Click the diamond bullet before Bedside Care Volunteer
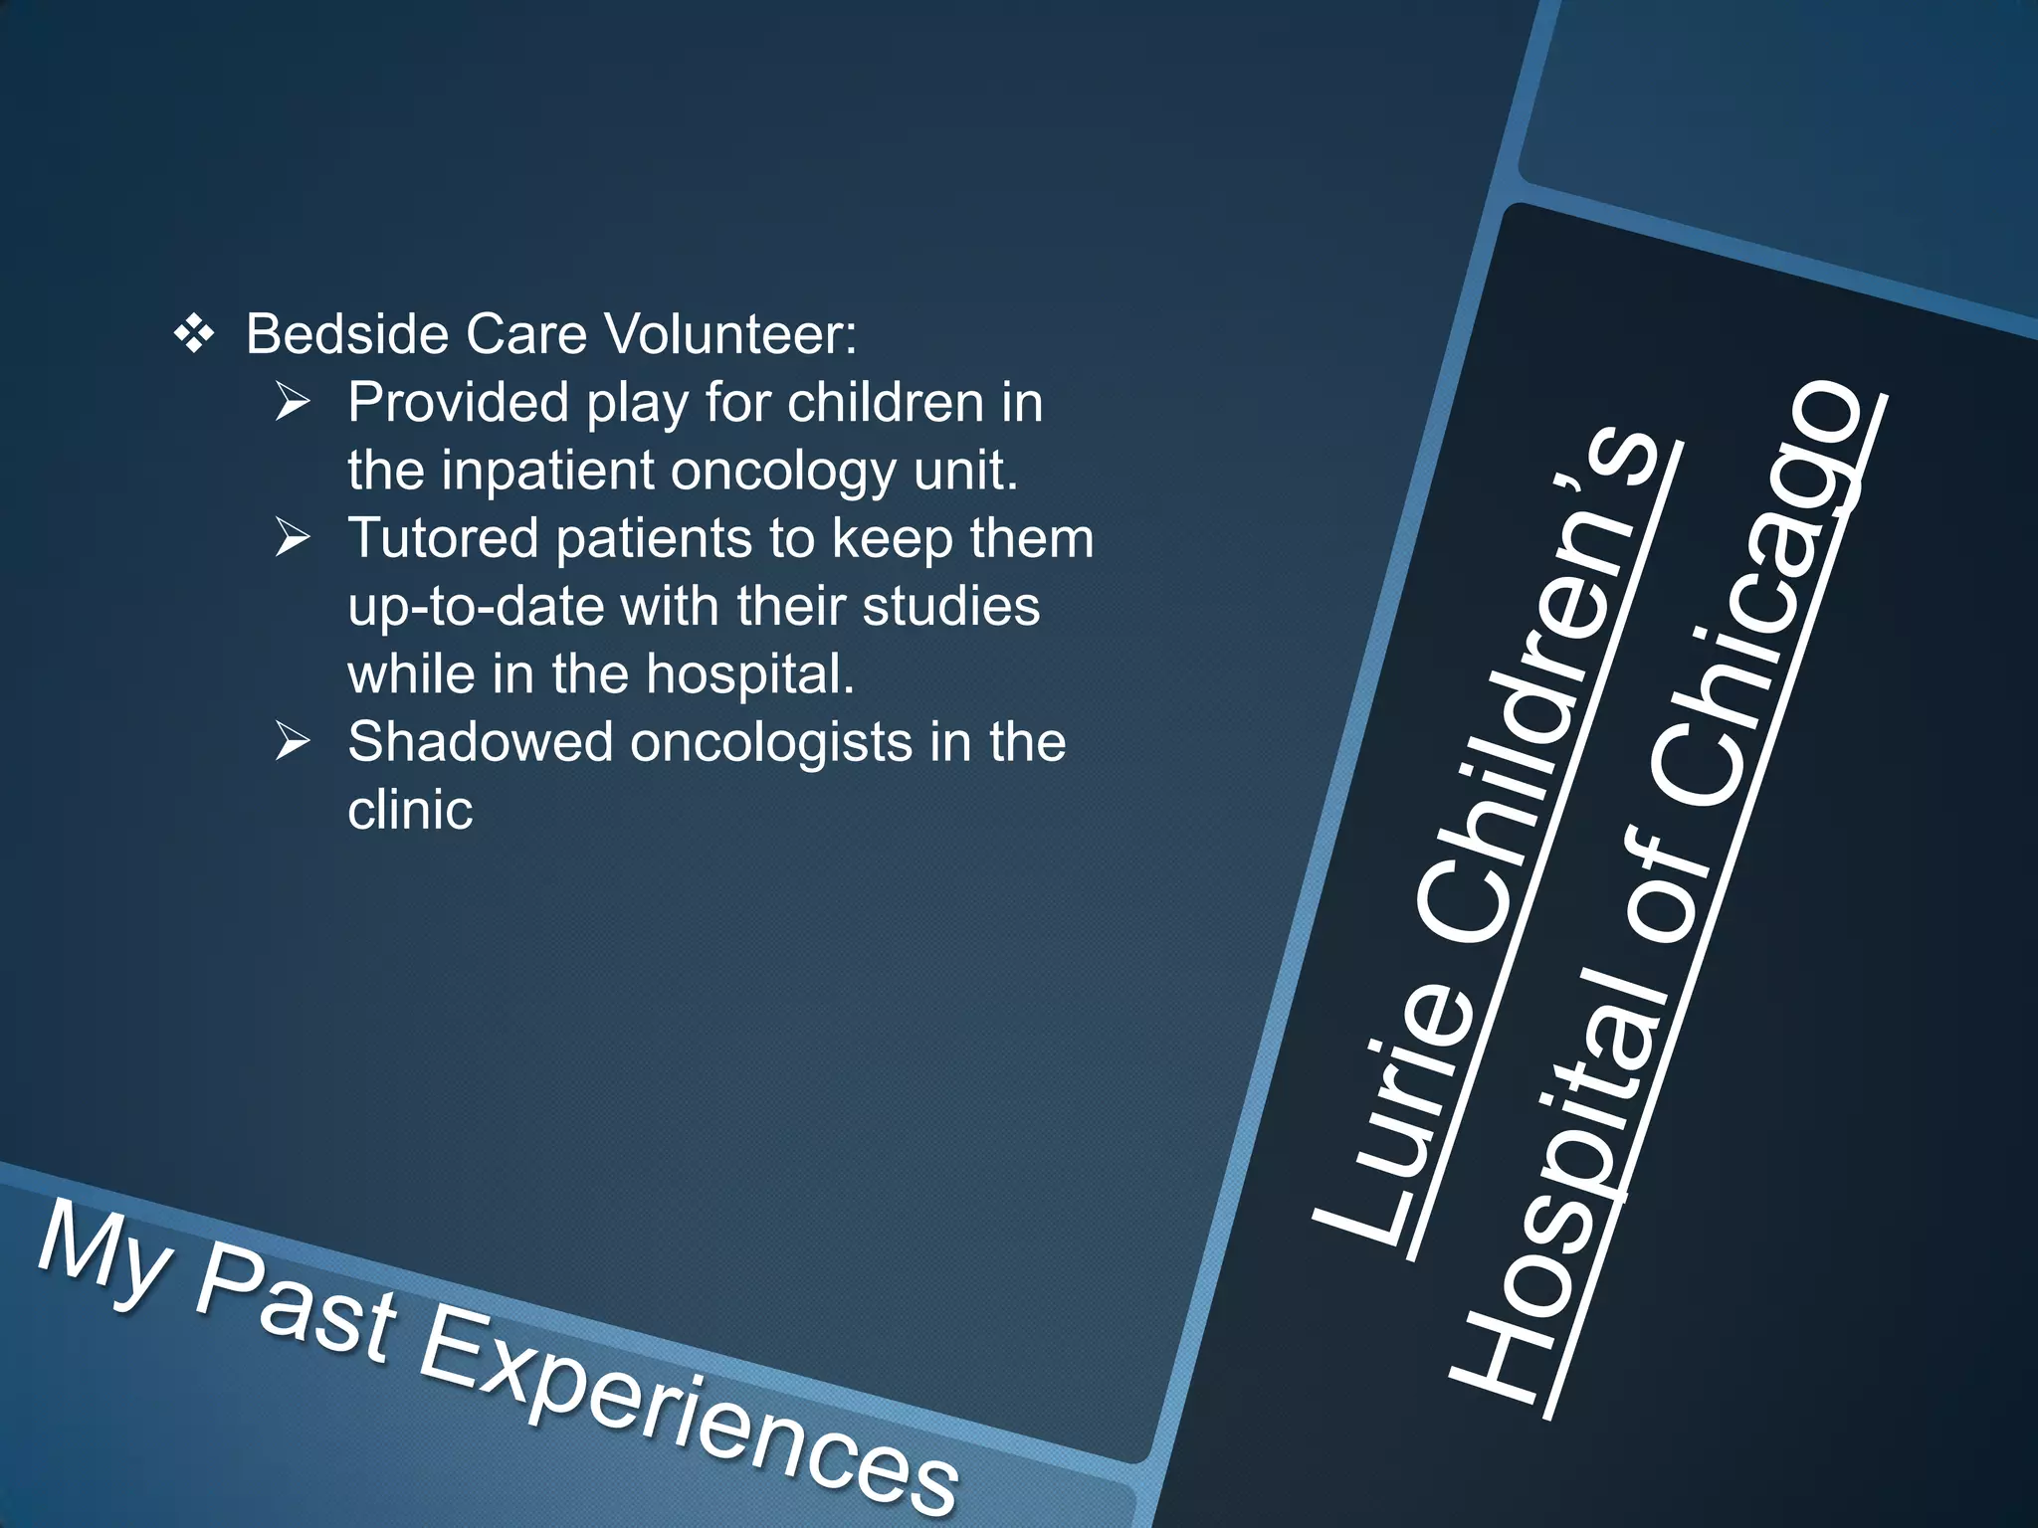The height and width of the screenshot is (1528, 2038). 193,334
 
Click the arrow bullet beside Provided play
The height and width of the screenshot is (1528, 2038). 294,403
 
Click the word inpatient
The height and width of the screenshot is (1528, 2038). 548,471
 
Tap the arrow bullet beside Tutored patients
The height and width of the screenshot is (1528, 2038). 294,538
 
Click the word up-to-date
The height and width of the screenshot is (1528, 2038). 476,607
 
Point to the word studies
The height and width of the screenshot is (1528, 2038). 950,606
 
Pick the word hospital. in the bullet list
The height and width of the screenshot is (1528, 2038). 749,674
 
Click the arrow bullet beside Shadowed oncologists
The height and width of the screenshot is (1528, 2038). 294,742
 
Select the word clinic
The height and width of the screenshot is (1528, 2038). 410,810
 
